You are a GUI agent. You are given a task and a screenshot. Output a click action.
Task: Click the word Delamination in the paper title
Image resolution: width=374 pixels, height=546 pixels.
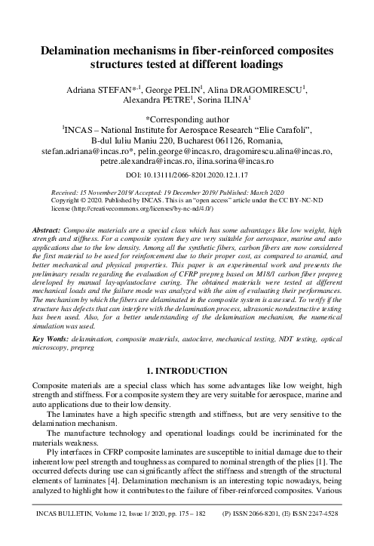[x=82, y=51]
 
